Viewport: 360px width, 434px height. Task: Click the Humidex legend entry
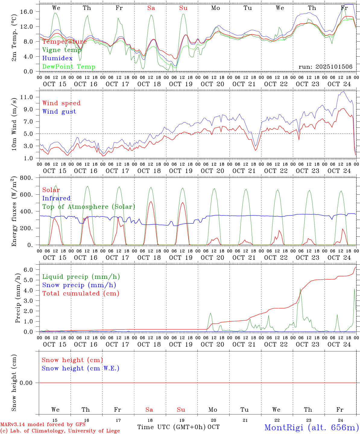(x=57, y=58)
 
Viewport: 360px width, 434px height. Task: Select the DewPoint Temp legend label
(x=69, y=67)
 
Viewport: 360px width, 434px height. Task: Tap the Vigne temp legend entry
(x=62, y=50)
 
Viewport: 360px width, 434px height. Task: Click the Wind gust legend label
(x=59, y=112)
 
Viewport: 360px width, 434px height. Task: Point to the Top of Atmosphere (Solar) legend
(x=89, y=207)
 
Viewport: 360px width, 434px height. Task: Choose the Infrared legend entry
(x=56, y=198)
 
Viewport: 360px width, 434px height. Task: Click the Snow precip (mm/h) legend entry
(x=79, y=285)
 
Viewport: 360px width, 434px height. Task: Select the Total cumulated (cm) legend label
(x=81, y=294)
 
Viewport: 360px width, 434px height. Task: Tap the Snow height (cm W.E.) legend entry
(x=81, y=368)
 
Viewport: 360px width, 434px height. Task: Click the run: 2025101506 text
(x=325, y=67)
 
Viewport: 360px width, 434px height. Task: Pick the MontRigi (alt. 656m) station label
(x=311, y=427)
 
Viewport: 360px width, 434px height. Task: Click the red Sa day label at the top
(x=151, y=8)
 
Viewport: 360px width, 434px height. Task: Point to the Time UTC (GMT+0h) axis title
(x=172, y=427)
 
